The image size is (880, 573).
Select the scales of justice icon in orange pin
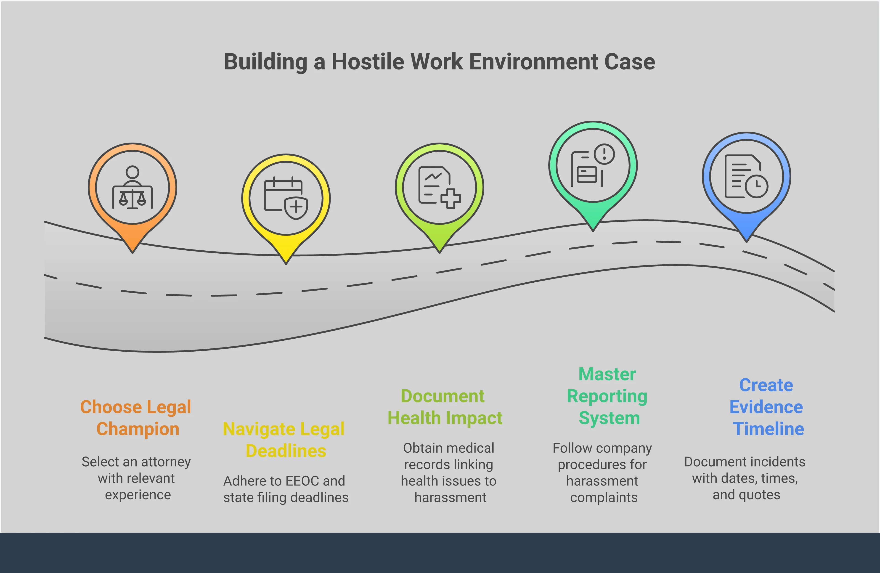[x=132, y=199]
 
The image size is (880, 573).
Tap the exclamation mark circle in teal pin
[x=604, y=154]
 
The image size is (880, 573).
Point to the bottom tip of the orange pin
[x=132, y=252]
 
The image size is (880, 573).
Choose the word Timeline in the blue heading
[x=768, y=429]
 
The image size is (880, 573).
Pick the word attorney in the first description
[x=166, y=462]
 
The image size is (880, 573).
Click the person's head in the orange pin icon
[x=132, y=172]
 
